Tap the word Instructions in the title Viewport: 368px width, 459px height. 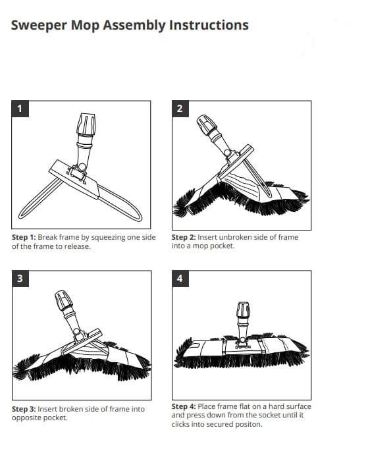(x=209, y=25)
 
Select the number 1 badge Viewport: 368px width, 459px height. (x=20, y=109)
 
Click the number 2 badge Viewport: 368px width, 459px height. (x=180, y=109)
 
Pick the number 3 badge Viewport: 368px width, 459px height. (x=20, y=279)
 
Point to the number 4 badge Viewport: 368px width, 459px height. (x=180, y=279)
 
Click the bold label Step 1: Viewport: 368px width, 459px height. (x=24, y=237)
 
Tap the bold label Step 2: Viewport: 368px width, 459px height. (x=184, y=237)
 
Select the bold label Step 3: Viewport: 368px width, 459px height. (x=24, y=409)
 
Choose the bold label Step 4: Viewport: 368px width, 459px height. (x=184, y=406)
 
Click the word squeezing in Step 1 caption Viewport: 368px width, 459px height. (x=108, y=238)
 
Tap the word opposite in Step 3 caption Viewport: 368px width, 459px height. (x=24, y=418)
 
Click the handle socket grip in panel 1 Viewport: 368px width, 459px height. (x=86, y=124)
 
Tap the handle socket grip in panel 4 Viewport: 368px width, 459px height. (x=244, y=310)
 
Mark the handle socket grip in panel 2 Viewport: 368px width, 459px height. (x=207, y=124)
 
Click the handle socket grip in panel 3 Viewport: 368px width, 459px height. (x=64, y=300)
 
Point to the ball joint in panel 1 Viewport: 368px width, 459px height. (x=82, y=167)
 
